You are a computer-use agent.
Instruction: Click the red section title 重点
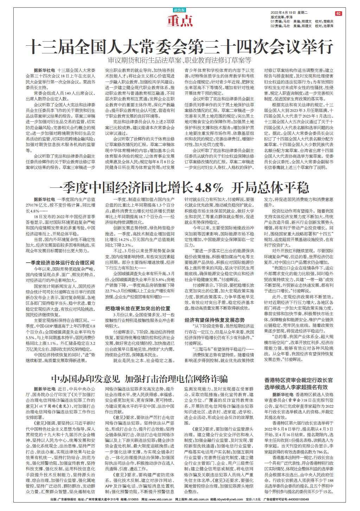pos(180,21)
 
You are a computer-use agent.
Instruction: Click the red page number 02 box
pos(338,13)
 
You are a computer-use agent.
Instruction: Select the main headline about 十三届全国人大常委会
pos(180,46)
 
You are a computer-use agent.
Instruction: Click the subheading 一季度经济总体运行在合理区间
pos(60,262)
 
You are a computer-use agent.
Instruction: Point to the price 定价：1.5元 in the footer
pos(253,499)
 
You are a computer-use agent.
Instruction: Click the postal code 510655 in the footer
pos(126,499)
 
